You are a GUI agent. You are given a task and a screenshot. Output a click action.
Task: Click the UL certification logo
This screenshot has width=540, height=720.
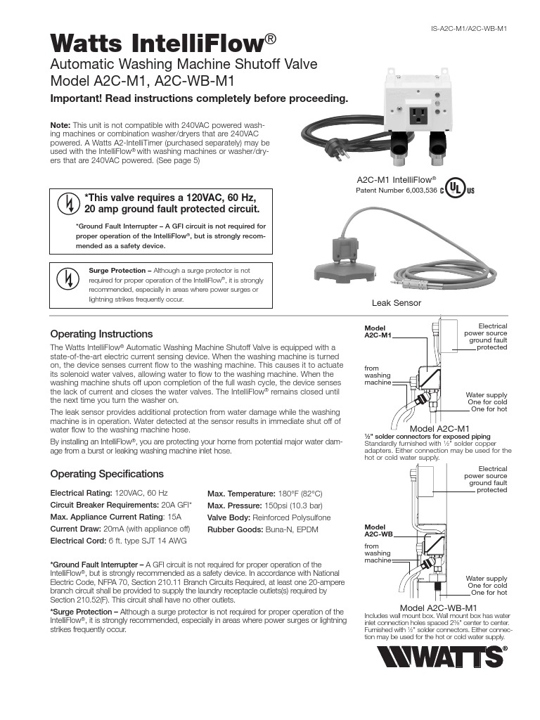[x=458, y=190]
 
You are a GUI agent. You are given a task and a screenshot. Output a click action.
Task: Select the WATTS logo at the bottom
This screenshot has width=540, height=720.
[x=441, y=659]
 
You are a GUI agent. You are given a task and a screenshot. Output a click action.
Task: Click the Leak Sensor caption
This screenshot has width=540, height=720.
[x=396, y=303]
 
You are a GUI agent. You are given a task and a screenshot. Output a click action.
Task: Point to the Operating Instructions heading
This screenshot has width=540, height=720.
[x=101, y=334]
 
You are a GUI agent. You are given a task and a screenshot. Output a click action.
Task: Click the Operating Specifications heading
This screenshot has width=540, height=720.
[x=107, y=474]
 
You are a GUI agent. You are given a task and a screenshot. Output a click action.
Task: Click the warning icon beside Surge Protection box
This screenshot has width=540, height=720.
[x=67, y=278]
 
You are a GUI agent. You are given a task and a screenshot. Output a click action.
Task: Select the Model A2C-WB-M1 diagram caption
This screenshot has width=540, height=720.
[x=439, y=607]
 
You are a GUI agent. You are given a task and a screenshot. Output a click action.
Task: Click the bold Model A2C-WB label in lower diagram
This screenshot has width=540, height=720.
[x=378, y=531]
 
